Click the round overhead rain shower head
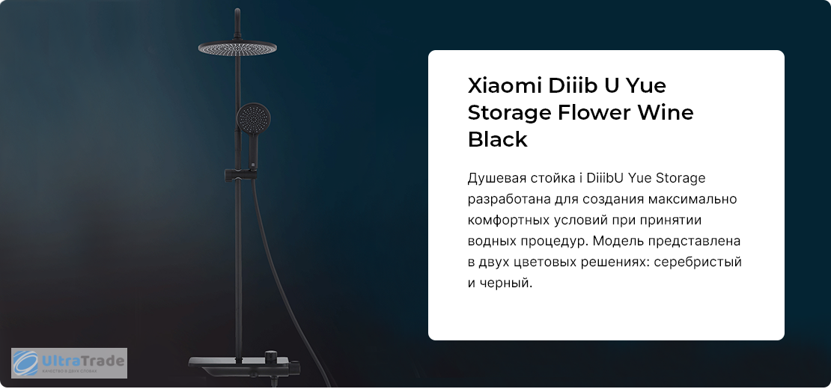click(x=237, y=48)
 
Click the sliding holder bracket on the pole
click(x=240, y=174)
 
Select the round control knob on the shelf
click(x=271, y=355)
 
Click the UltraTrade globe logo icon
click(x=25, y=363)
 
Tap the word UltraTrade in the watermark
click(x=82, y=361)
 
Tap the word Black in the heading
click(x=498, y=140)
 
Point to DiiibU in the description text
click(x=605, y=178)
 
